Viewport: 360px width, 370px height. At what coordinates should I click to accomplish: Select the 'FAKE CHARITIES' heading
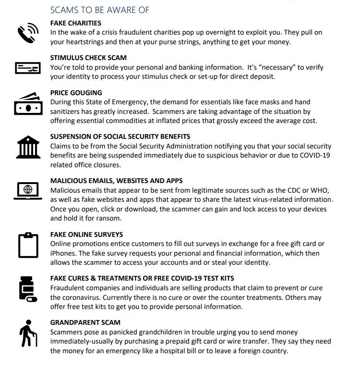(x=76, y=23)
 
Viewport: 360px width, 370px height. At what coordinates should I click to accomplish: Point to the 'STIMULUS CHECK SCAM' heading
(x=88, y=58)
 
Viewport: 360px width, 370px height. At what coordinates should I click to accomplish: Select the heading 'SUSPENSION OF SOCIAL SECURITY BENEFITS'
(x=120, y=136)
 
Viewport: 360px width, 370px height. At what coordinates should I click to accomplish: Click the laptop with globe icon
(x=28, y=190)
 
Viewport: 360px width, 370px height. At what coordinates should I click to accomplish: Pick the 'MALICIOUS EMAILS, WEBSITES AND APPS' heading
(x=117, y=181)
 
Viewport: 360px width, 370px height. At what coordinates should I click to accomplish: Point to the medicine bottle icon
(x=27, y=289)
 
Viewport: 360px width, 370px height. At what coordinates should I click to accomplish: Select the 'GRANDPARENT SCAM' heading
(x=85, y=322)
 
